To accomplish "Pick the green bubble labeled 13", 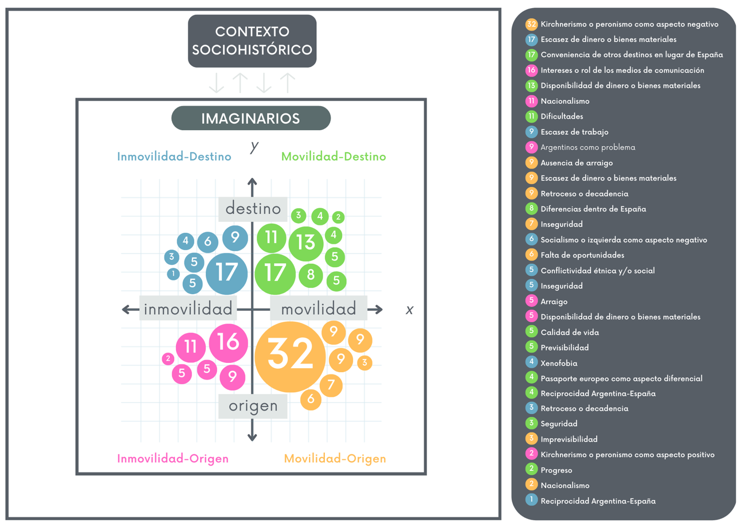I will tap(307, 243).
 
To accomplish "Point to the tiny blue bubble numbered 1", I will tap(173, 274).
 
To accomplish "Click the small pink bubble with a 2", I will tap(168, 359).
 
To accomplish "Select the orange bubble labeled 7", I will tap(331, 385).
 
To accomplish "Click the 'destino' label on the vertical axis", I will tap(253, 209).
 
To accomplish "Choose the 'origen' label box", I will tap(253, 407).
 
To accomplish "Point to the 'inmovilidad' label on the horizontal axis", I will tap(189, 310).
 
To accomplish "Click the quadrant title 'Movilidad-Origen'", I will tap(335, 459).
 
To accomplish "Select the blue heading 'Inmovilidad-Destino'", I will tap(174, 157).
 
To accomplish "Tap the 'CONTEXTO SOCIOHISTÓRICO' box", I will tap(252, 41).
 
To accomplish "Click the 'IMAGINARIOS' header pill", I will tap(251, 119).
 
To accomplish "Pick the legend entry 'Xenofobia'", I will tap(559, 363).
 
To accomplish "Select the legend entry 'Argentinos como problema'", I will tap(587, 147).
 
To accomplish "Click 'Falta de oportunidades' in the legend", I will tap(582, 255).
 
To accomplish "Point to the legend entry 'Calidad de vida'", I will tap(570, 332).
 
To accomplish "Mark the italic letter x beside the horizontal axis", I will tap(409, 310).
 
